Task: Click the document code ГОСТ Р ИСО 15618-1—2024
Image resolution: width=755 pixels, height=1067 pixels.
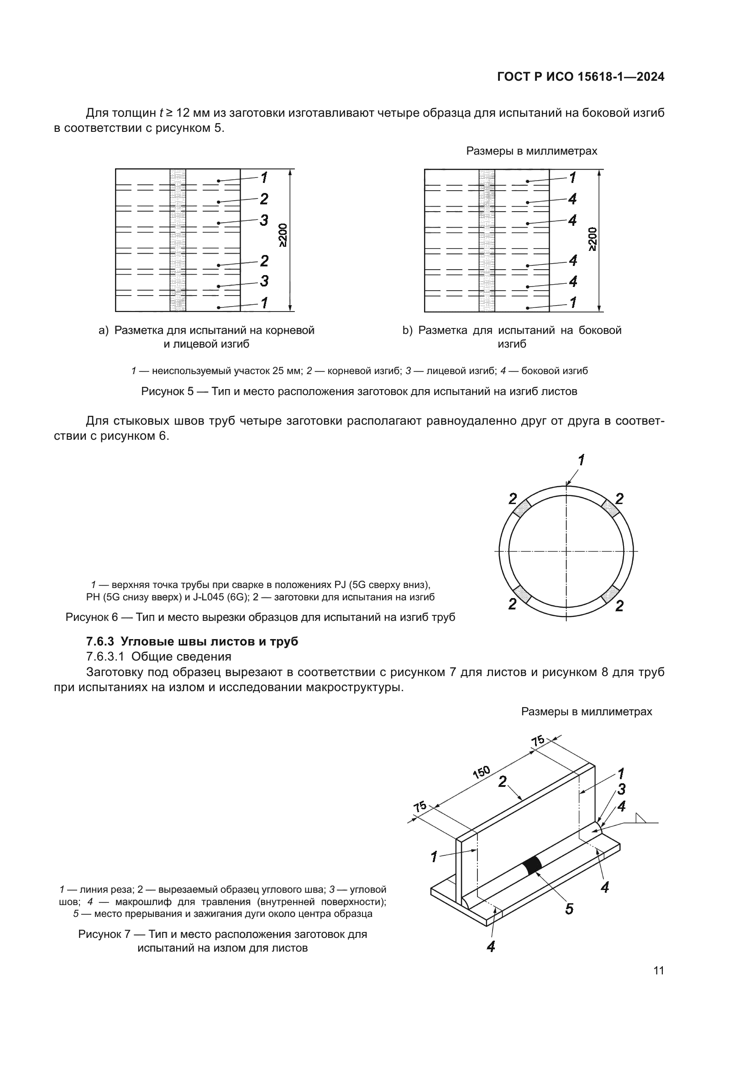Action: [x=581, y=77]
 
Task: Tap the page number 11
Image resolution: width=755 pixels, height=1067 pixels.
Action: [x=658, y=971]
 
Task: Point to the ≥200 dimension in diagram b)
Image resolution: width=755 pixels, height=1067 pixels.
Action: [x=592, y=239]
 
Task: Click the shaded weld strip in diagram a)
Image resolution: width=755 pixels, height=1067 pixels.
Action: [x=178, y=240]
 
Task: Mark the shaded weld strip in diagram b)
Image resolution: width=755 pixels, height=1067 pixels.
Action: [x=487, y=240]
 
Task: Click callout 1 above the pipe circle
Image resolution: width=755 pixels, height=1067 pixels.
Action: [x=581, y=460]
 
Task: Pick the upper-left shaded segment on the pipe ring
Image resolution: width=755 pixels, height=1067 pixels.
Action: [x=522, y=508]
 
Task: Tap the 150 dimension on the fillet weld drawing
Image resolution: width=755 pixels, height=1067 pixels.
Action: [x=481, y=772]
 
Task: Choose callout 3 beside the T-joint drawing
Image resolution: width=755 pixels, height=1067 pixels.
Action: [x=621, y=789]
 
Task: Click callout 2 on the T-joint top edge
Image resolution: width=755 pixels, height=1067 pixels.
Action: [x=502, y=782]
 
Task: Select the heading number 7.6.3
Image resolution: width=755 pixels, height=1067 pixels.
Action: [x=100, y=642]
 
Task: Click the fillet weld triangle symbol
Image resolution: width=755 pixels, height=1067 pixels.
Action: [x=642, y=818]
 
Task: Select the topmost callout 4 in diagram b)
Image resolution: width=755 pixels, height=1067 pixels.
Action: [x=572, y=199]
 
